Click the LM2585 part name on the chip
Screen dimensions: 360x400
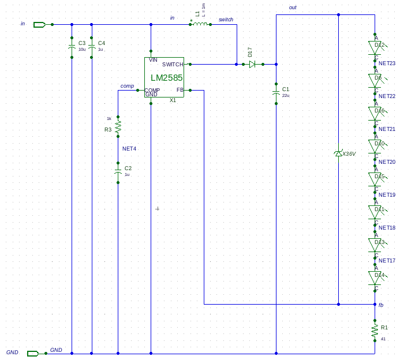[167, 77]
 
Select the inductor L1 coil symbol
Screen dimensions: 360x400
[200, 24]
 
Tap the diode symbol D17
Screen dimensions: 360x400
[252, 64]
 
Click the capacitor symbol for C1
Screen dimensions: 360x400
[276, 92]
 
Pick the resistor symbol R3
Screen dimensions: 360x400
[118, 125]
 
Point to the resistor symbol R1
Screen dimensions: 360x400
[375, 331]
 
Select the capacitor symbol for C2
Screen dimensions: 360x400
[118, 172]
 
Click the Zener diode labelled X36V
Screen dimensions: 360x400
[338, 153]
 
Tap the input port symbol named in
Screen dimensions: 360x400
[39, 24]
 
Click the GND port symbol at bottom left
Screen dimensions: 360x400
[33, 353]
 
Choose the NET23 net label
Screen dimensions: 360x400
[387, 63]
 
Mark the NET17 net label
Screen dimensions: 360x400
[387, 261]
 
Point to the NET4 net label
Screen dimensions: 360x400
[129, 149]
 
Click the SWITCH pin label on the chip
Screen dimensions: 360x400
[173, 65]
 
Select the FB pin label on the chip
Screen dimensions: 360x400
[180, 90]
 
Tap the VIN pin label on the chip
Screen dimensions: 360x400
[153, 60]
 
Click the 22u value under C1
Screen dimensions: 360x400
[286, 96]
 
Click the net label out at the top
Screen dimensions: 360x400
[293, 7]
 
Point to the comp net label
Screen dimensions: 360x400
[127, 86]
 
